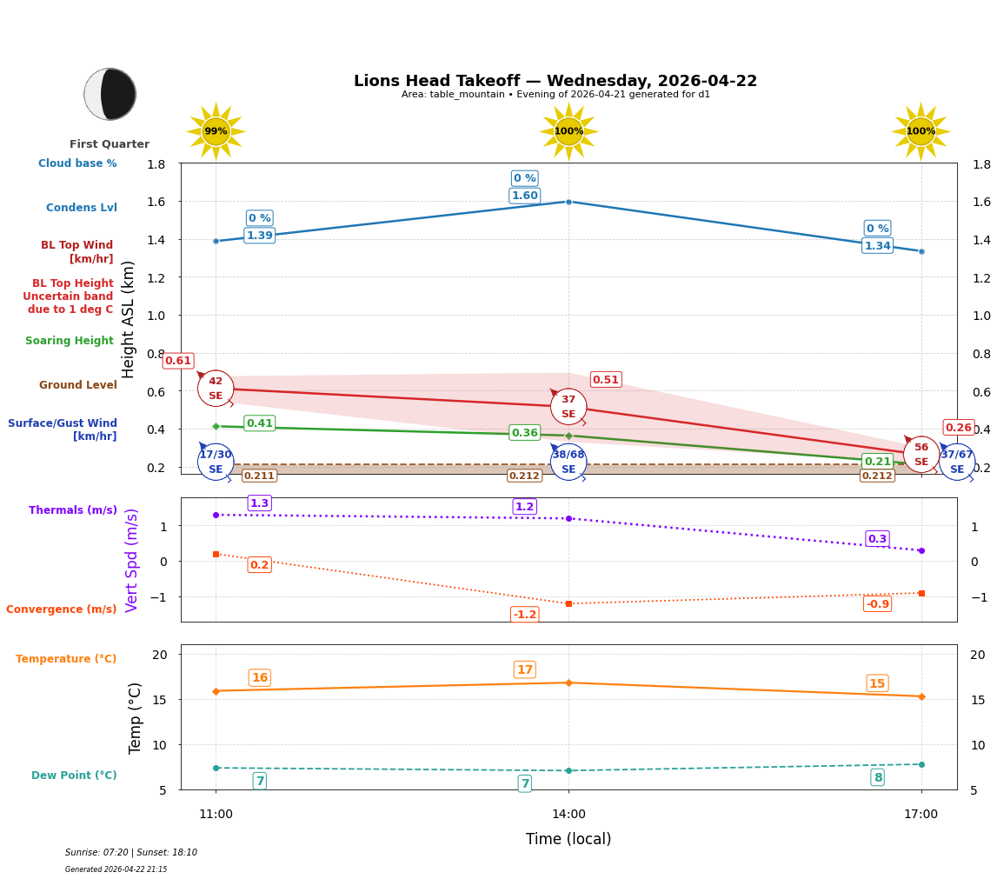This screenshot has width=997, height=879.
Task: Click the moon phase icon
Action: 110,94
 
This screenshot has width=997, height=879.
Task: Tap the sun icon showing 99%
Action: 216,131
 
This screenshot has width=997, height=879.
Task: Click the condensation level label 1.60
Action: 524,196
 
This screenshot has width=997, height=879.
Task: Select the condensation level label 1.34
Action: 877,246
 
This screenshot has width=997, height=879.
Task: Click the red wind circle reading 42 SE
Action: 216,388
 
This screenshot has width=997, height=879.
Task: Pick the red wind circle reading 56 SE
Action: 921,454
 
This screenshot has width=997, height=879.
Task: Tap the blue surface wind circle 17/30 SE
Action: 216,462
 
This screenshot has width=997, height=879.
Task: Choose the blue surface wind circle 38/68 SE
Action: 568,462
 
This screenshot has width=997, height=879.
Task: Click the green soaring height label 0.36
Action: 524,433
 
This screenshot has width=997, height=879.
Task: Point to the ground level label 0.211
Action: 259,476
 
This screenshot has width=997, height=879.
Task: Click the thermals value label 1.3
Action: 259,503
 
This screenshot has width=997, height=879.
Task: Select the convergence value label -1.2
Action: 524,615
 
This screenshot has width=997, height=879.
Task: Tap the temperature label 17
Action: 524,669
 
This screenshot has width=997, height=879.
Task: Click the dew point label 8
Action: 877,777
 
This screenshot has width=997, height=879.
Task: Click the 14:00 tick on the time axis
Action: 568,814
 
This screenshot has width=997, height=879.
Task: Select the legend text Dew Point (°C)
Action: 74,776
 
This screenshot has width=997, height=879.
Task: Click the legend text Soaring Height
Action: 70,341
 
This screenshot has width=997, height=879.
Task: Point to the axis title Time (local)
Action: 568,839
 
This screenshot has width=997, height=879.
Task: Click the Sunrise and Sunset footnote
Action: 131,853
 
